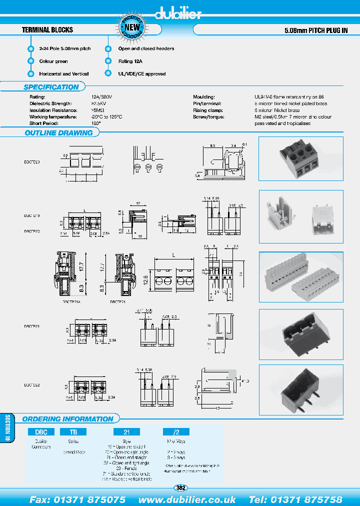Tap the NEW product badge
click(x=132, y=27)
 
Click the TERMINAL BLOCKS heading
click(x=48, y=30)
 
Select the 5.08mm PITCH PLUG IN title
click(x=315, y=30)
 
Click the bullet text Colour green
click(x=53, y=61)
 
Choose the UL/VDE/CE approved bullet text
click(x=141, y=74)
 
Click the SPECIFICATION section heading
click(x=51, y=87)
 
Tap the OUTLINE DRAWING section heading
click(x=58, y=133)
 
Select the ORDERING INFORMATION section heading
click(x=68, y=419)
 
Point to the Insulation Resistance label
click(x=53, y=110)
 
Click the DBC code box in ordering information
click(x=41, y=431)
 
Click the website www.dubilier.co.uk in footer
click(x=187, y=499)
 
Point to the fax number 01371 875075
click(x=77, y=499)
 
